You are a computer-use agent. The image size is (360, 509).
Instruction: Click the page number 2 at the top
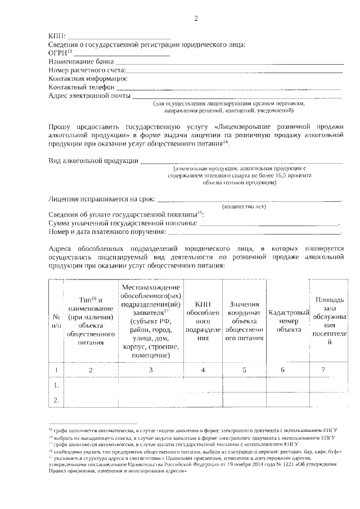[196, 19]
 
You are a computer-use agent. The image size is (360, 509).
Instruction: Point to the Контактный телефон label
[82, 87]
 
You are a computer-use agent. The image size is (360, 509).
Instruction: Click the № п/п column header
[56, 321]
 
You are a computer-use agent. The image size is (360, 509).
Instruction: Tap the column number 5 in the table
[245, 370]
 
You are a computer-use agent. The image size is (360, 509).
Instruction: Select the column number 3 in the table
[150, 370]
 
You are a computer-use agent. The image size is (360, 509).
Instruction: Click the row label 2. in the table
[56, 400]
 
